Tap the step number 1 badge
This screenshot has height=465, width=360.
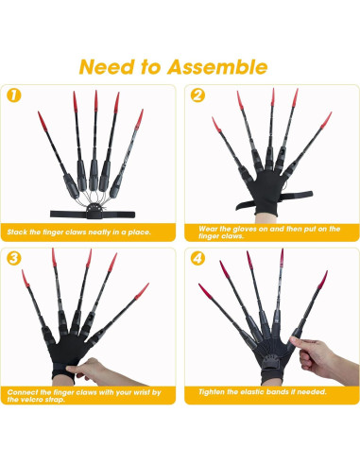coord(14,95)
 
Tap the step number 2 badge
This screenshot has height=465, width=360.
coord(197,95)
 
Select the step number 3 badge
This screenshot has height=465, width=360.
coord(14,258)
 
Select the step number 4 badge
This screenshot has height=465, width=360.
coord(197,258)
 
